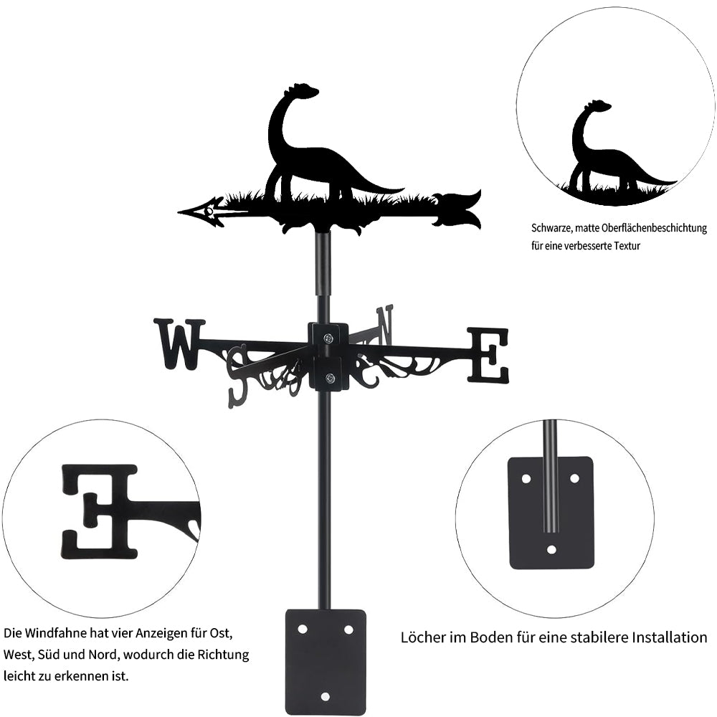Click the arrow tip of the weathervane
[x=184, y=212]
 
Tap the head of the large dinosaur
[x=305, y=91]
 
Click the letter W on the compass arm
[x=179, y=343]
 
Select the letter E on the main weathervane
[x=488, y=355]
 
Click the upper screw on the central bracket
[x=328, y=338]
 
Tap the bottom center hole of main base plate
[x=326, y=695]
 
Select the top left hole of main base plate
[x=303, y=629]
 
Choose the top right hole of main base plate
[x=348, y=629]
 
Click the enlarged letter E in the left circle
[x=99, y=511]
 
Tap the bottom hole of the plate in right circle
[x=551, y=550]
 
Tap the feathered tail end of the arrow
[x=459, y=209]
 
